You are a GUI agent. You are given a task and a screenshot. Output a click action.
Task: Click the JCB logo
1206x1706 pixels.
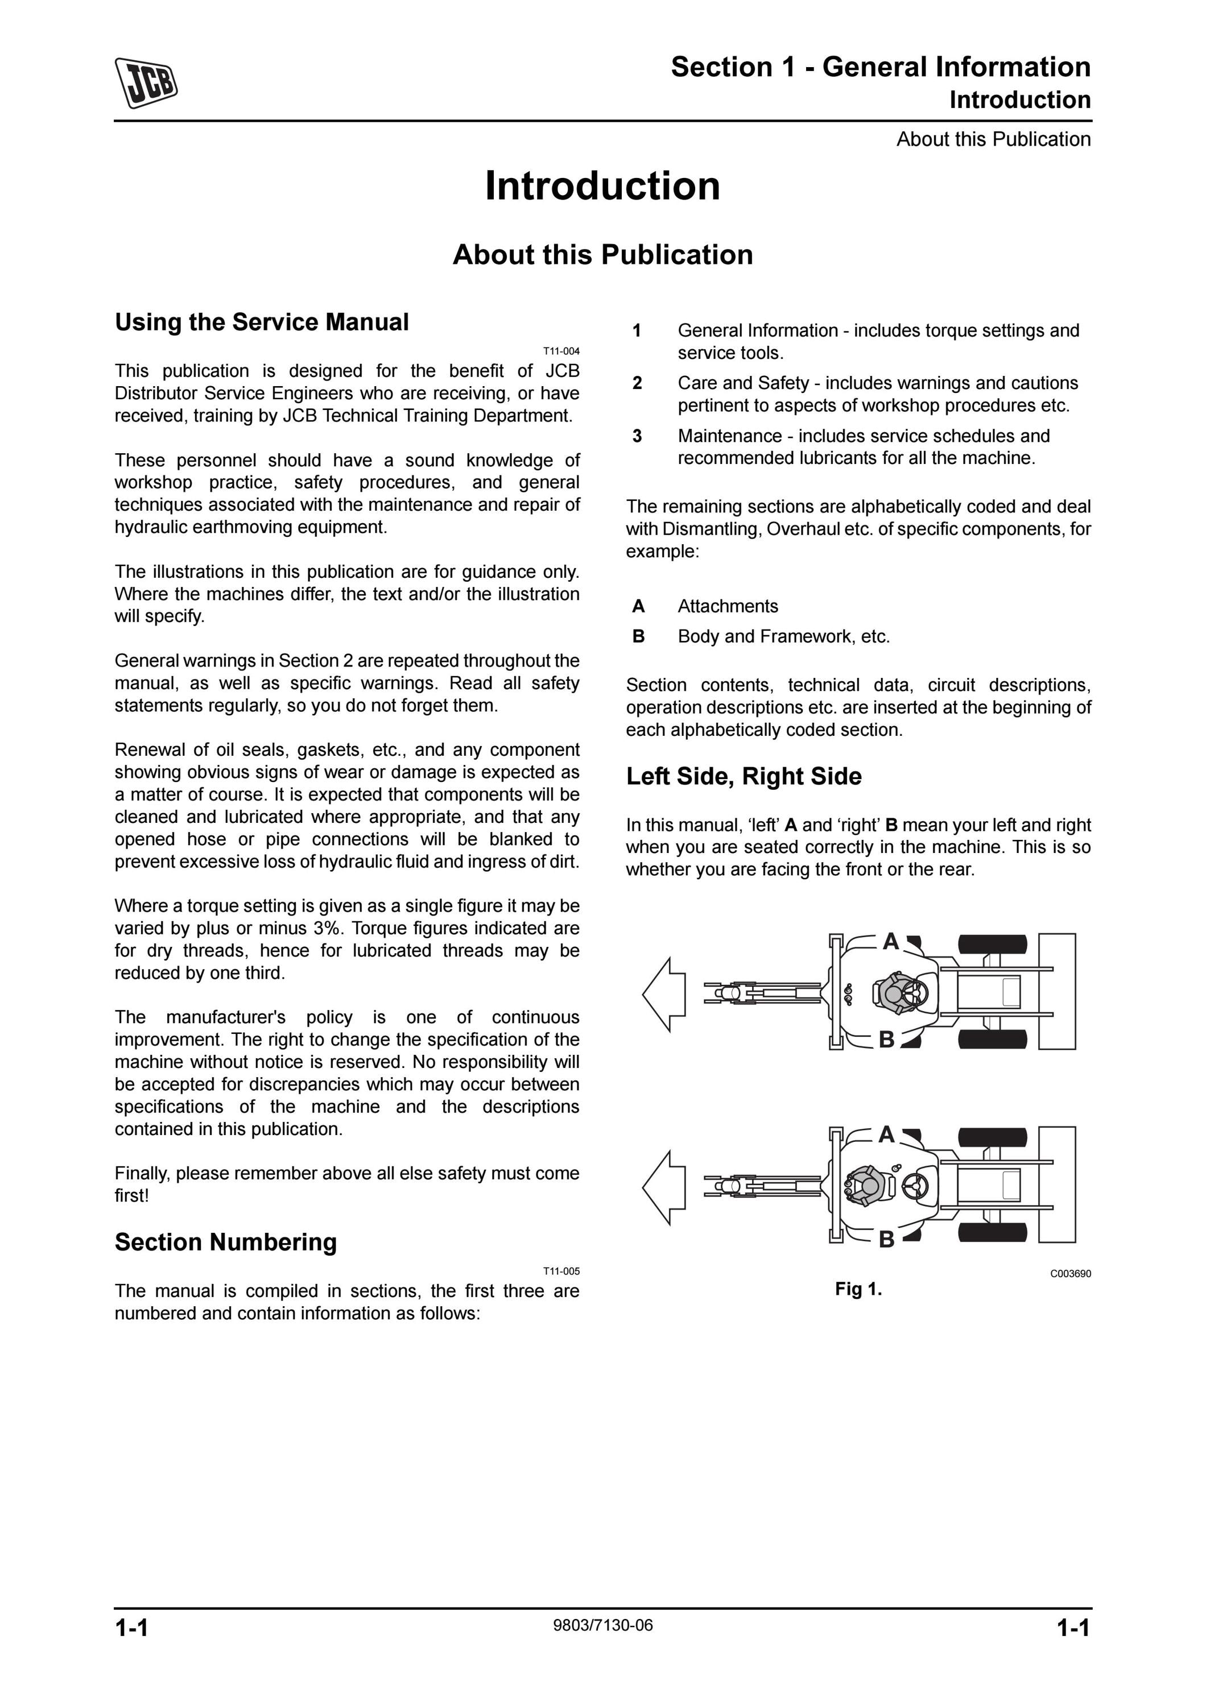(146, 82)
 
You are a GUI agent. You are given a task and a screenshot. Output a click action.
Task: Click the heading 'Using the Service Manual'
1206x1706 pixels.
(262, 322)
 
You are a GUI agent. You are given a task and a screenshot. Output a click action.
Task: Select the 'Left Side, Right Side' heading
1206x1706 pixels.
(744, 776)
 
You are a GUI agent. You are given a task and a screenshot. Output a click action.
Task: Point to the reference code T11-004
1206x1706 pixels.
(561, 351)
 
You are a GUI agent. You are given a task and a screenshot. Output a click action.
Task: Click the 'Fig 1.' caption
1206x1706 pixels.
(858, 1289)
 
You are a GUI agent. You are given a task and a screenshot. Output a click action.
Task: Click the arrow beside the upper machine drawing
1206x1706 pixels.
(663, 994)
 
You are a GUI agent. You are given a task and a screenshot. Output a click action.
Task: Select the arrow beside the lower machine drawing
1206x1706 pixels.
(663, 1187)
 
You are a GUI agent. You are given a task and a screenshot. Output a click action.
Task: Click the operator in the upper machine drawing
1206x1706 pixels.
(895, 993)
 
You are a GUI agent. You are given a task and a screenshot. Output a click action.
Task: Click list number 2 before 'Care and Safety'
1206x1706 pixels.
(637, 383)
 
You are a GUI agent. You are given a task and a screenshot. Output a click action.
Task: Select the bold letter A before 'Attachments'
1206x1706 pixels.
(638, 606)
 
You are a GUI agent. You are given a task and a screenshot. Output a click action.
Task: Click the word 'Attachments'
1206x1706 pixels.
(728, 606)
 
